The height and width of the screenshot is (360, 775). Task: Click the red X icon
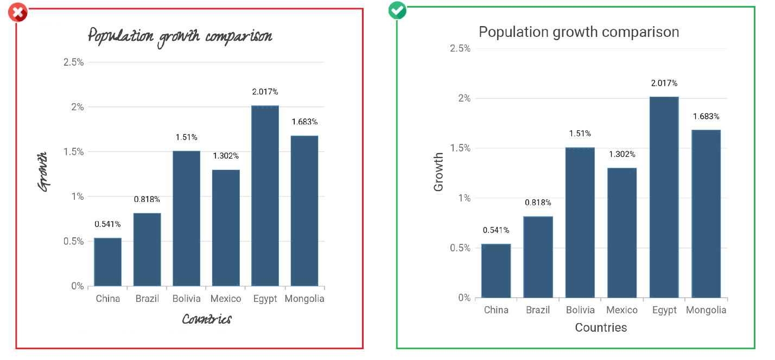coord(18,12)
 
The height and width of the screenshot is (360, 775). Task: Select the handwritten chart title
coord(180,37)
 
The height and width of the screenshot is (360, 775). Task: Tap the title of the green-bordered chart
coord(579,32)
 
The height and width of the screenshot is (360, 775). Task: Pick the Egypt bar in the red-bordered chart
coord(265,195)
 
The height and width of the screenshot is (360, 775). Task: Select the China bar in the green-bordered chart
coord(496,270)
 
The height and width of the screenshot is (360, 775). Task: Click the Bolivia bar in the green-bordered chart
coord(580,222)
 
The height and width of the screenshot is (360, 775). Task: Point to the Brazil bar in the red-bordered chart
coord(147,249)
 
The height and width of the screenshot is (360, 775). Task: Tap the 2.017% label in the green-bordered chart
coord(664,83)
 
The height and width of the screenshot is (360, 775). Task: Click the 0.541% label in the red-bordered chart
coord(107,224)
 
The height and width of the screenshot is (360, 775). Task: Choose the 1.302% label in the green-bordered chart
coord(622,154)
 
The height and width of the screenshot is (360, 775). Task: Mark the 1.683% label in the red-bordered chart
coord(304,122)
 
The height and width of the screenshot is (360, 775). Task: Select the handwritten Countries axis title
coord(207,319)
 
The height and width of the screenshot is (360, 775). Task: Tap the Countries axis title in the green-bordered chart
coord(601,327)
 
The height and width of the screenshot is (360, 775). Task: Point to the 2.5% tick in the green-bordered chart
coord(460,48)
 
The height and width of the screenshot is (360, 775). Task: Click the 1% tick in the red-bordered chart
coord(78,197)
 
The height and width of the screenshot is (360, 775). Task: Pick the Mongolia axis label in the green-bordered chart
coord(706,310)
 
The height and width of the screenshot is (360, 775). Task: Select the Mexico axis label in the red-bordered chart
coord(226,299)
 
